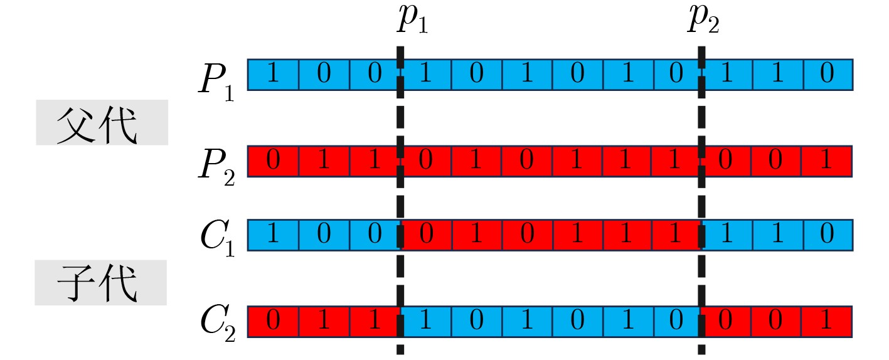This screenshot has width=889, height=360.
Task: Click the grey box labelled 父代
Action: click(102, 122)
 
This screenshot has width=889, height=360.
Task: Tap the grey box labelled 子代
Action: click(100, 283)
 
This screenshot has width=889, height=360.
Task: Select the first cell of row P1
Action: click(273, 75)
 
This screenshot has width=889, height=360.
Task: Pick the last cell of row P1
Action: click(827, 75)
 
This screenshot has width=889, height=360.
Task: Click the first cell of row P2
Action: click(273, 161)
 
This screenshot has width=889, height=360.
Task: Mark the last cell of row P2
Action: click(827, 161)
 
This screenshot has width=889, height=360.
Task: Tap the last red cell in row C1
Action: click(676, 235)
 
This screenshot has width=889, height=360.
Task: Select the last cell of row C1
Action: click(827, 235)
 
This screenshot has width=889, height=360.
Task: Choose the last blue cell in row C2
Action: click(676, 321)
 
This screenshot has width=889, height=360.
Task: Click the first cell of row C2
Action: click(273, 321)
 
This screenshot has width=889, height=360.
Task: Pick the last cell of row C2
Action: click(827, 321)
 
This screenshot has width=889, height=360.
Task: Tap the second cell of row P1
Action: click(324, 75)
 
